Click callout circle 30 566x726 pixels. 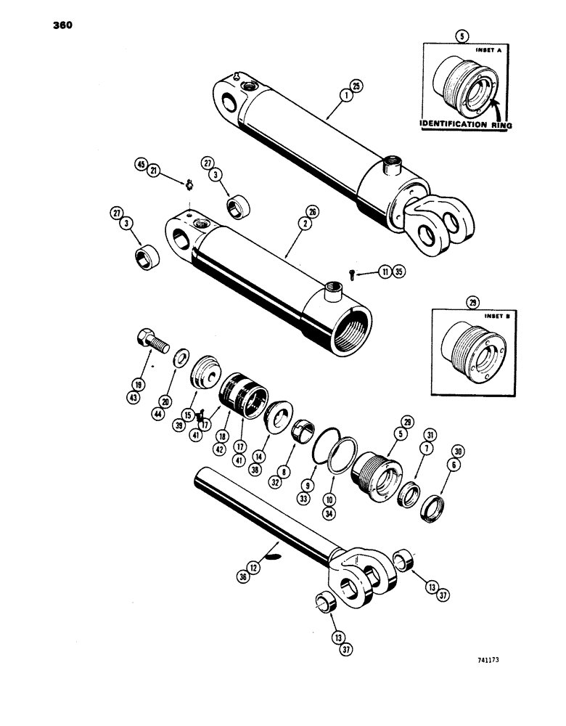coord(458,450)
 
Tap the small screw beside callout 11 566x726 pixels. coord(352,273)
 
